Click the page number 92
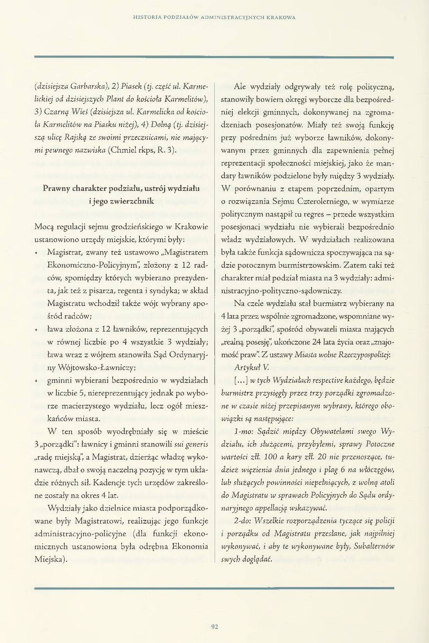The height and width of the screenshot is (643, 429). pos(215,626)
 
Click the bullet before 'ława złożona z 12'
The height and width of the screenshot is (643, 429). pos(37,330)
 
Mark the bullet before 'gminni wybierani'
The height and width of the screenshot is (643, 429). pos(37,381)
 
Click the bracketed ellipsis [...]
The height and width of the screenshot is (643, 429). pos(240,380)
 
